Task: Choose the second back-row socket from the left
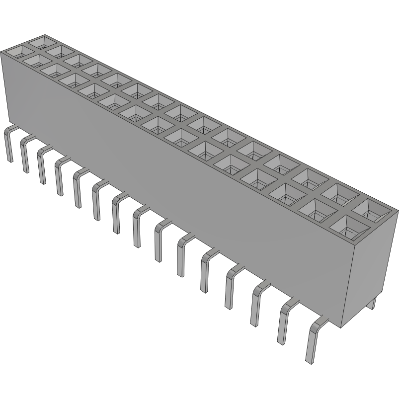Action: click(57, 51)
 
